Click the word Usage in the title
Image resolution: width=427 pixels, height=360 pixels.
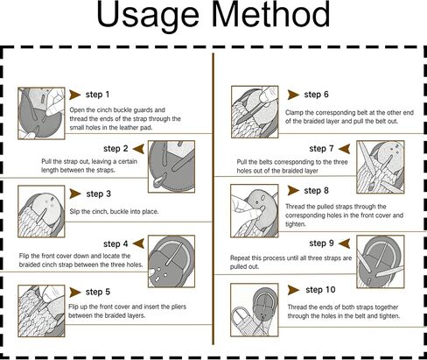point(148,16)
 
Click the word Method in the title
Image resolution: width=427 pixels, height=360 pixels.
point(271,14)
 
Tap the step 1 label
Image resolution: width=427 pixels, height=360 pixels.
point(97,95)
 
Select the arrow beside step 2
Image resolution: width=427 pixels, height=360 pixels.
point(138,149)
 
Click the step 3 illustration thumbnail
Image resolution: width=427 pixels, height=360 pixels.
point(41,211)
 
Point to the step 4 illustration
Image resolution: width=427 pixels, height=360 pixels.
point(171,261)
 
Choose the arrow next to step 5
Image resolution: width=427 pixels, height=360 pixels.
point(75,292)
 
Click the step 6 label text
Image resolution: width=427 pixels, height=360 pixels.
point(316,95)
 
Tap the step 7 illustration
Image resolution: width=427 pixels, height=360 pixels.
point(381,167)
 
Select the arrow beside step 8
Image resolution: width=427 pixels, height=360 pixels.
point(293,191)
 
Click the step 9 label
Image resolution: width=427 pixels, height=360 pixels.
point(321,244)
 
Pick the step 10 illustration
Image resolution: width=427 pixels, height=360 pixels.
point(255,310)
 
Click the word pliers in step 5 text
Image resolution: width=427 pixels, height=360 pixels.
point(178,307)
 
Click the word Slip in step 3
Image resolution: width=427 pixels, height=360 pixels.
point(74,212)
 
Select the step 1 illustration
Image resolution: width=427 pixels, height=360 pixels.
point(41,113)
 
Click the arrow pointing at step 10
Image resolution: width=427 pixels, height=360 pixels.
point(293,290)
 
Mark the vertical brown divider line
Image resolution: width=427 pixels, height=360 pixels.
point(213,199)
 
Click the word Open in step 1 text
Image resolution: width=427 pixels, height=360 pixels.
point(76,110)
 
